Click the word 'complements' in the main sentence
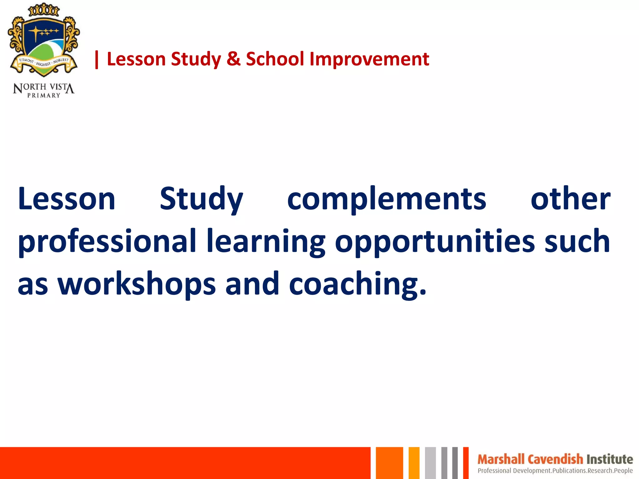click(x=386, y=199)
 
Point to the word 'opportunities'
click(x=435, y=241)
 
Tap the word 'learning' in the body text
click(x=266, y=241)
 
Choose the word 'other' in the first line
click(x=570, y=199)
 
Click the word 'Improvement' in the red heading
click(x=369, y=59)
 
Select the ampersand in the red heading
click(x=233, y=59)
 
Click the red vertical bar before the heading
click(x=97, y=60)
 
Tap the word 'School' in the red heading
click(x=275, y=59)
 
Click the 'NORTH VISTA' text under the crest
click(x=44, y=88)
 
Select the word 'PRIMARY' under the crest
click(x=44, y=96)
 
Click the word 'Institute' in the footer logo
click(x=609, y=459)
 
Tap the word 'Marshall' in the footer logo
click(x=501, y=459)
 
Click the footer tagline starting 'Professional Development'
click(x=555, y=471)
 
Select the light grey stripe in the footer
click(x=430, y=463)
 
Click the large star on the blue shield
click(x=36, y=32)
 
